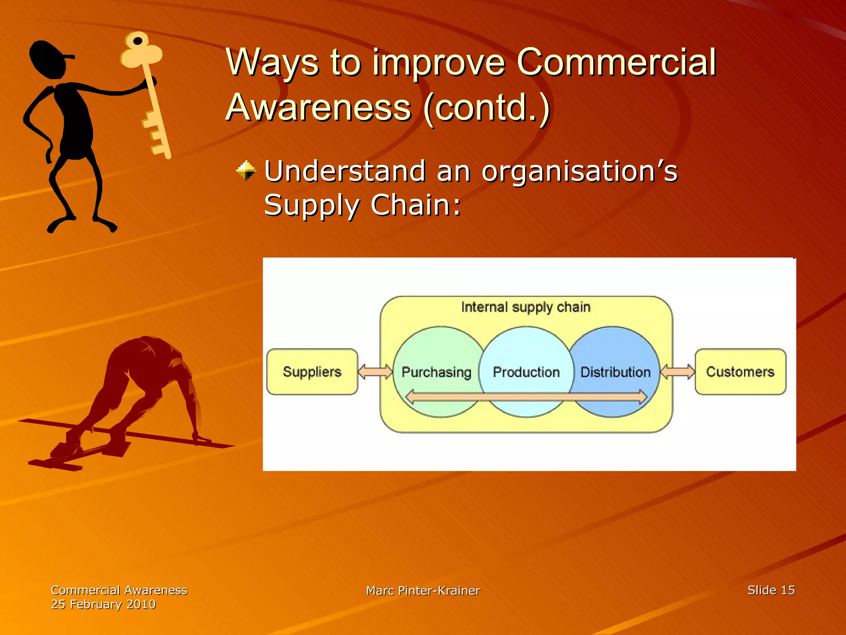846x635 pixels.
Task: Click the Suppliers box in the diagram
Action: (x=312, y=372)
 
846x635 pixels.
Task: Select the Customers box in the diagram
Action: (x=740, y=372)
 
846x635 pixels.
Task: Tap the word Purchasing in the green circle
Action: (x=436, y=372)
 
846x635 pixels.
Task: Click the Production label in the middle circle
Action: (x=526, y=372)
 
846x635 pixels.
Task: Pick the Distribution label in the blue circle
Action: (x=615, y=372)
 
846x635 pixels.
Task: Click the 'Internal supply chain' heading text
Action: (x=526, y=307)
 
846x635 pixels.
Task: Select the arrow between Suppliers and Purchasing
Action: (x=375, y=371)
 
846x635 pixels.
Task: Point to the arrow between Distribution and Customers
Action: (x=677, y=371)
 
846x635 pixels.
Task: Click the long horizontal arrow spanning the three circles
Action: (x=526, y=397)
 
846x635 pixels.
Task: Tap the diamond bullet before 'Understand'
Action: (x=246, y=171)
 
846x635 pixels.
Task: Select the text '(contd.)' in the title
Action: (x=487, y=107)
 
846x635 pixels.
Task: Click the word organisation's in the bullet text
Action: (x=579, y=171)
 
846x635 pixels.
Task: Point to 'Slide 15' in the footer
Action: (x=771, y=590)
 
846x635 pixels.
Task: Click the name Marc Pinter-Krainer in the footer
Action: (x=423, y=590)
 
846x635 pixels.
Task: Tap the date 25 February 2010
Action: (x=103, y=604)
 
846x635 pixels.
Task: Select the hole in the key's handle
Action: (x=138, y=41)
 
